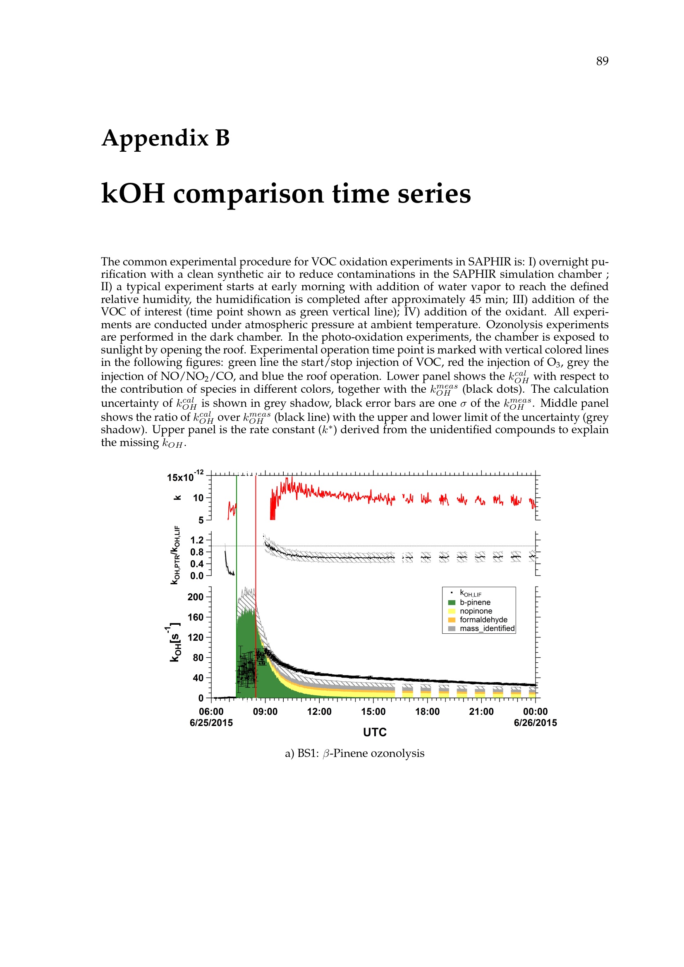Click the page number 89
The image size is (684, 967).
[602, 62]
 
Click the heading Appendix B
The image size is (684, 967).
[165, 138]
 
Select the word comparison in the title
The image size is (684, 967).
[252, 194]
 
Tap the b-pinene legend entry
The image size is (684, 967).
[475, 602]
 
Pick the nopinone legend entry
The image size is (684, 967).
[476, 611]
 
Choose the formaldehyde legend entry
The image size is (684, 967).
[483, 620]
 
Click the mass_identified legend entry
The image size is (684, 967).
[487, 628]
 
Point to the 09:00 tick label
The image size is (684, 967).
[265, 712]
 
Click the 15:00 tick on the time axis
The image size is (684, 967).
[373, 712]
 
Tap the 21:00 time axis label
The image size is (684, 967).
[481, 712]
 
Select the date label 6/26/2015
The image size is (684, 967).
[535, 723]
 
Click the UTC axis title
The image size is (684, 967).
[374, 732]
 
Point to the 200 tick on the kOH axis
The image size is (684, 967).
[196, 597]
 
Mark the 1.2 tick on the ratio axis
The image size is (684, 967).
[197, 540]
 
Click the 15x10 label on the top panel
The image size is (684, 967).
[180, 478]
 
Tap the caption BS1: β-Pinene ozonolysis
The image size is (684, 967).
[354, 753]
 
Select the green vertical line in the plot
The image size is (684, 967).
[237, 547]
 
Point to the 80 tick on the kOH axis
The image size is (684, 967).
[198, 657]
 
